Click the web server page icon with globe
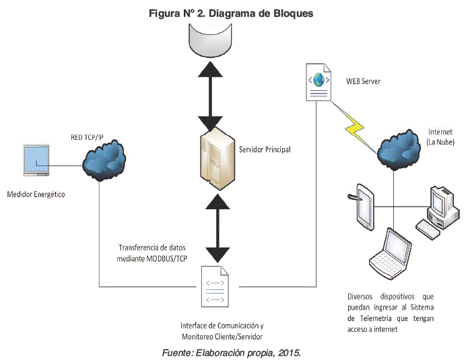[x=318, y=82]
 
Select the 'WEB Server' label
[x=364, y=81]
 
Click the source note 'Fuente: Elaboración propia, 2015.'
[x=231, y=351]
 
